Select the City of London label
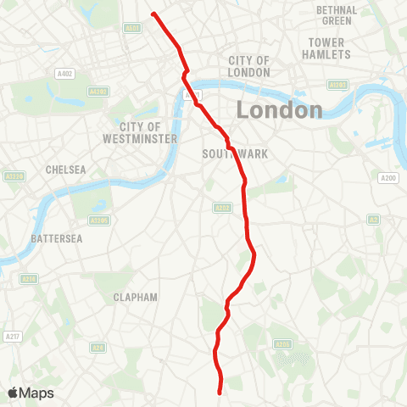248,66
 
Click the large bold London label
279,109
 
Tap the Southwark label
224,154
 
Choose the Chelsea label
66,170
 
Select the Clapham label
136,298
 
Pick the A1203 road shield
338,85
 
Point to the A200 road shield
388,178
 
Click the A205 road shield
283,343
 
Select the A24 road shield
98,347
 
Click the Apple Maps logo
31,393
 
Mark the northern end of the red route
153,14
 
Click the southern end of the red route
220,393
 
